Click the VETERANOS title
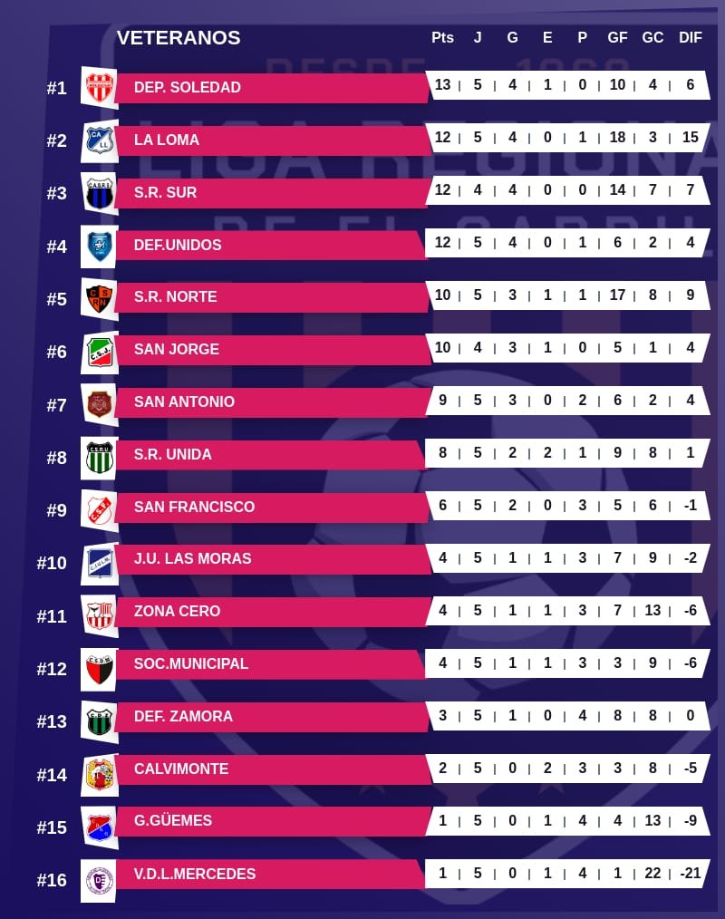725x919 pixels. click(179, 38)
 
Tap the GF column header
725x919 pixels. click(617, 38)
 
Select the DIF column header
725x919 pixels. click(691, 38)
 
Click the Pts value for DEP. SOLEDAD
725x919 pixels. click(442, 85)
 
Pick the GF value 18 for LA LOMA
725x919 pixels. click(617, 138)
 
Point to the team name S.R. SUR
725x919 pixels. click(165, 192)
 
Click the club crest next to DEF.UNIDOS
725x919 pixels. click(99, 246)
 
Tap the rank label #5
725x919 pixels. click(56, 299)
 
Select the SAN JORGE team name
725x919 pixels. click(177, 349)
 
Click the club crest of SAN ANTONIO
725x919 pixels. click(99, 403)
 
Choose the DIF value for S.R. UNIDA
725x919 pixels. click(691, 453)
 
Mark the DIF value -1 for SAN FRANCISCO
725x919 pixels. click(691, 506)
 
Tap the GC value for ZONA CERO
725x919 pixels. click(652, 611)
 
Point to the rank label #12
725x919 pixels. click(52, 669)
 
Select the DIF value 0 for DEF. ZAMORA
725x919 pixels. click(691, 716)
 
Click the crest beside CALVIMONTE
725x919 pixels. click(99, 774)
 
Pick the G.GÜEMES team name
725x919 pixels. click(173, 821)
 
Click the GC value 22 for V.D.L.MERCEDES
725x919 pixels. click(652, 874)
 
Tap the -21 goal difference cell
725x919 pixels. click(691, 874)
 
